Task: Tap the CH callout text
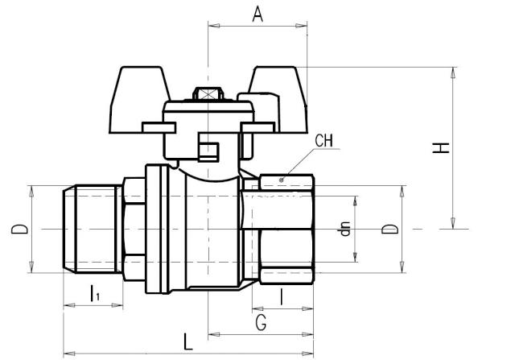click(324, 142)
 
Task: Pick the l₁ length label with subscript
click(95, 294)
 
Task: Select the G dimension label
click(261, 323)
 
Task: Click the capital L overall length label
click(188, 341)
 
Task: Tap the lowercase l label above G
click(281, 296)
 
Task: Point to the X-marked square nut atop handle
click(208, 94)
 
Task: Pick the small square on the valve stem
click(208, 151)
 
